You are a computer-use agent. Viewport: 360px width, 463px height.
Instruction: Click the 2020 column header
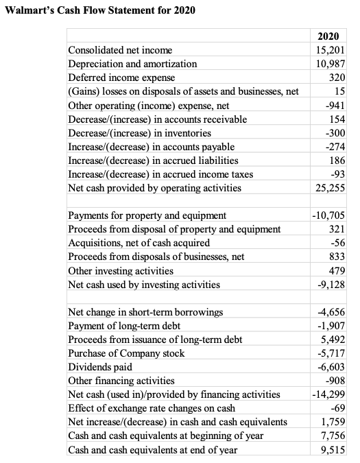coord(330,36)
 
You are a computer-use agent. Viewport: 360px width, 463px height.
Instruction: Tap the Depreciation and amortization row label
coord(132,64)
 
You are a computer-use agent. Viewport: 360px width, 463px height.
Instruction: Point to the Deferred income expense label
coord(121,78)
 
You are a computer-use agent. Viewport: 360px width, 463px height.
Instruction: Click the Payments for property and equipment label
coord(147,216)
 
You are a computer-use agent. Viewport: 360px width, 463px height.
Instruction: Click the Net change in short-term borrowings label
coord(145,313)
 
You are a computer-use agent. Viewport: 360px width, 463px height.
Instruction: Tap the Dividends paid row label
coord(100,368)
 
